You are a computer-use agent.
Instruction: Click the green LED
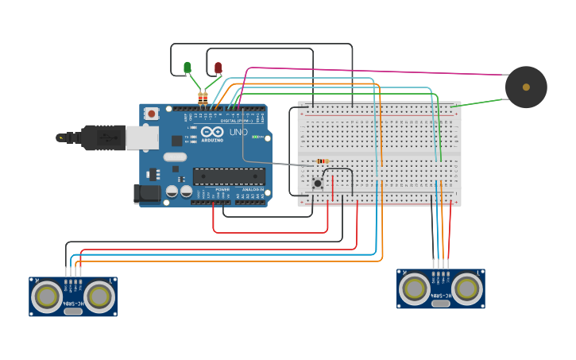[x=187, y=68]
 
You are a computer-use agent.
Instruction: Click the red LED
[x=218, y=68]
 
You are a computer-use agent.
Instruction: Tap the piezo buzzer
[x=526, y=87]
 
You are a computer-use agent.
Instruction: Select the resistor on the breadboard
[x=323, y=161]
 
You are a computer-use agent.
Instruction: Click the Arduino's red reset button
[x=151, y=114]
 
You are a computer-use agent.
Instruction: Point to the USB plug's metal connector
[x=141, y=137]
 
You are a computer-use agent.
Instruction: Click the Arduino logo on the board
[x=211, y=132]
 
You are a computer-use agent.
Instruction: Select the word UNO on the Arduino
[x=238, y=132]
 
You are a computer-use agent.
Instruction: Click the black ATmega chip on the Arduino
[x=229, y=176]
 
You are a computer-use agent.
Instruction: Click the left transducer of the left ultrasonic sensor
[x=47, y=296]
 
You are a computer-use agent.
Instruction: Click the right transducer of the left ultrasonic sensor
[x=99, y=296]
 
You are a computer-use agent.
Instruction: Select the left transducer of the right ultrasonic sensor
[x=415, y=288]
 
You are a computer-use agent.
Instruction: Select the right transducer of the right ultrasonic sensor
[x=467, y=288]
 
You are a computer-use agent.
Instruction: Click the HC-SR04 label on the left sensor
[x=73, y=293]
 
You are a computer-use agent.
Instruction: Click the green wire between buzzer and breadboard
[x=481, y=103]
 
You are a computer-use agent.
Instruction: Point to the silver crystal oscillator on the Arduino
[x=176, y=157]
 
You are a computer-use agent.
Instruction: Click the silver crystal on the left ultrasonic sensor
[x=73, y=311]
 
